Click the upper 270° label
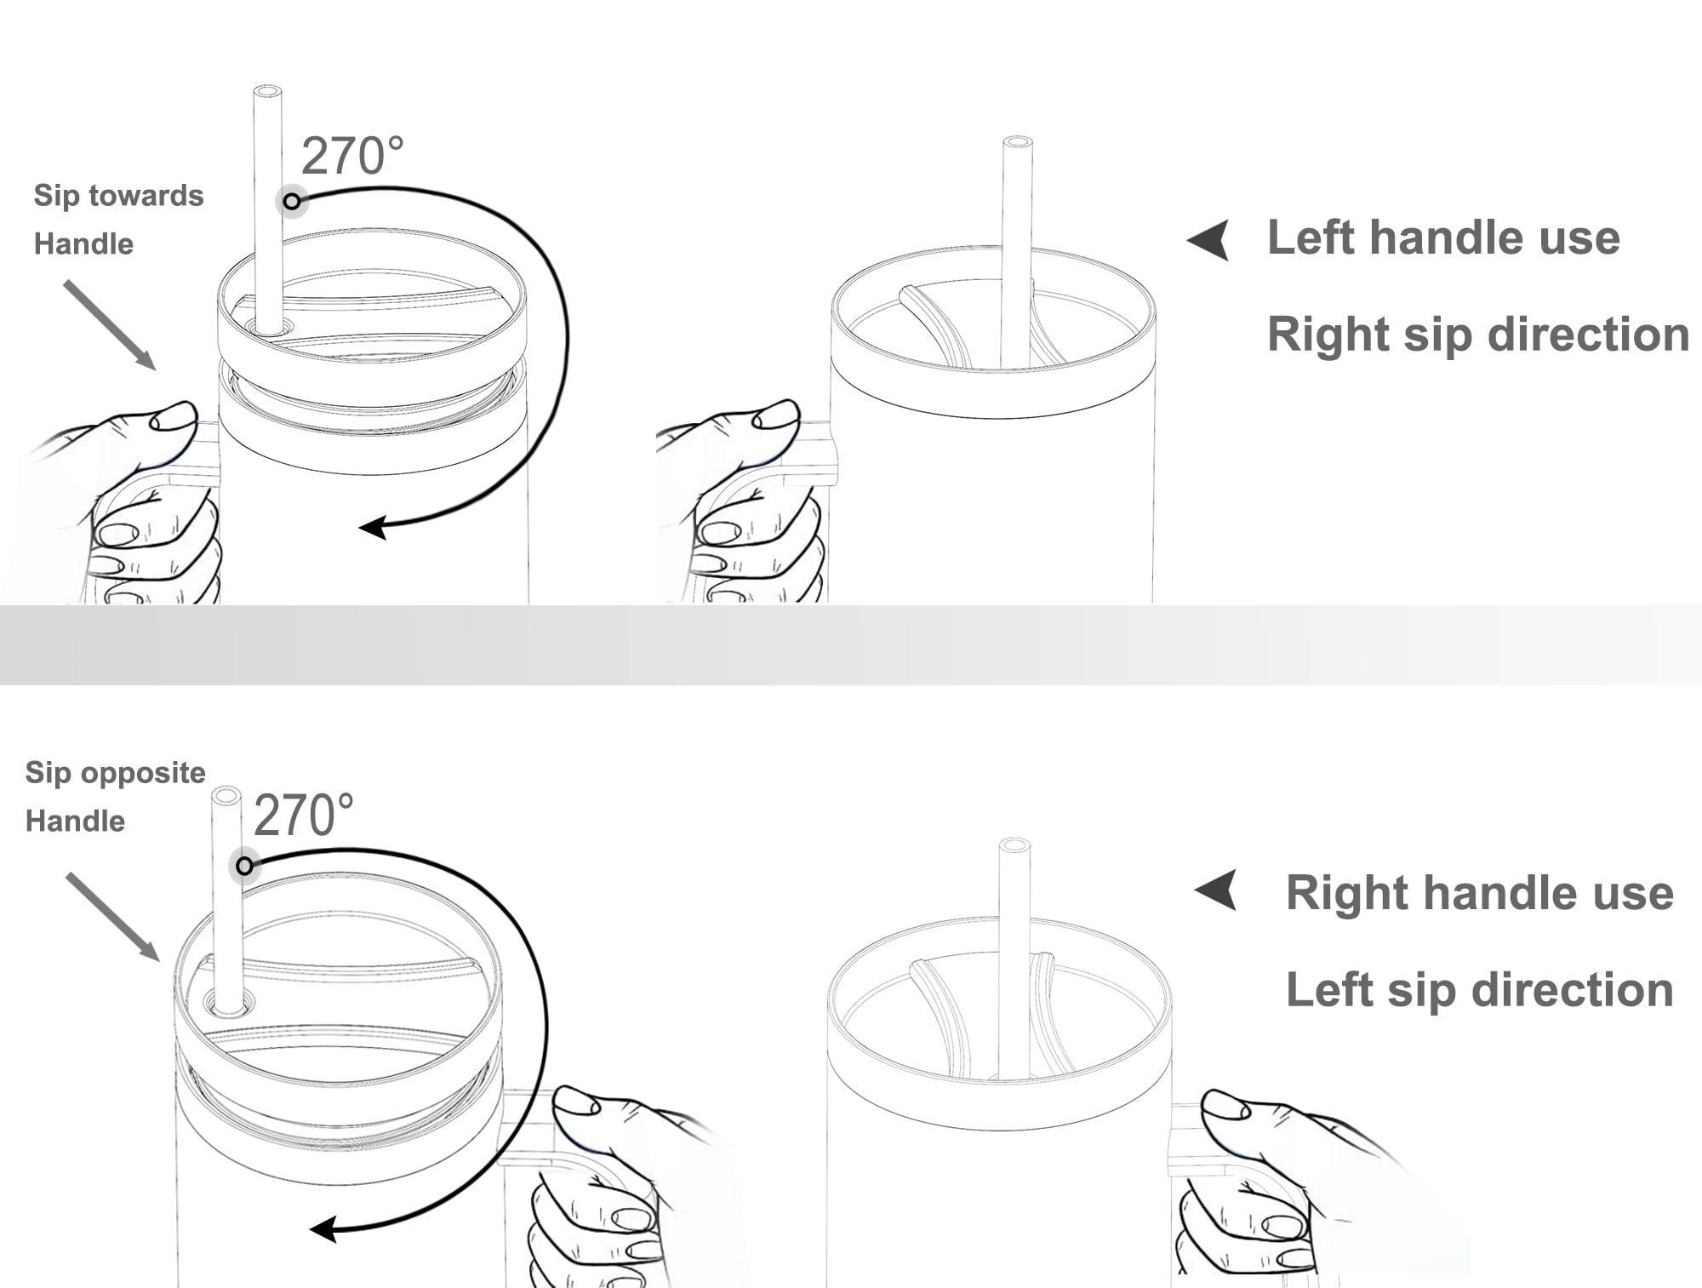coord(352,156)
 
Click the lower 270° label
coord(304,815)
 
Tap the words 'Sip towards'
coord(118,197)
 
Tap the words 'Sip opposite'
coord(115,773)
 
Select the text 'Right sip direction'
coord(1478,334)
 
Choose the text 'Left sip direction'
coord(1479,989)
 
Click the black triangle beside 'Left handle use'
coord(1210,240)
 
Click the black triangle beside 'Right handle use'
coord(1218,890)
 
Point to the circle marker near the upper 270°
coord(292,202)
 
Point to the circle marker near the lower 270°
coord(244,867)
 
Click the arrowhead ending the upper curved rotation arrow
coord(373,527)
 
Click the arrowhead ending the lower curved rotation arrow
coord(323,1229)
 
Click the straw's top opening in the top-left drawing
coord(268,90)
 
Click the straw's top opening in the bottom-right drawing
coord(1014,844)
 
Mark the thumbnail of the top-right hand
coord(776,415)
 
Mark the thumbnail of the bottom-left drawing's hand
coord(577,1102)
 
